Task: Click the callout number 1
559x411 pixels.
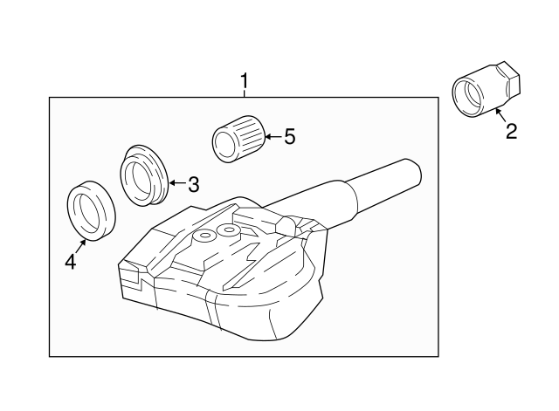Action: tap(245, 82)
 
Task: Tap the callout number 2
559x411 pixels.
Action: tap(512, 131)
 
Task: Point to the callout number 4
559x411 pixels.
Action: tap(70, 259)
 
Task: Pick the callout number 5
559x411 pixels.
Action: tap(290, 136)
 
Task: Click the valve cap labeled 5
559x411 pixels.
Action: tap(237, 140)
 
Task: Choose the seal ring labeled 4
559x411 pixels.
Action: tap(90, 209)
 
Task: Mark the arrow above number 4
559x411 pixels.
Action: tap(79, 243)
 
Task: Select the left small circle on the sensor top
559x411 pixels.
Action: tap(205, 236)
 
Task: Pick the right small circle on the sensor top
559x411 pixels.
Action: tap(230, 230)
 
